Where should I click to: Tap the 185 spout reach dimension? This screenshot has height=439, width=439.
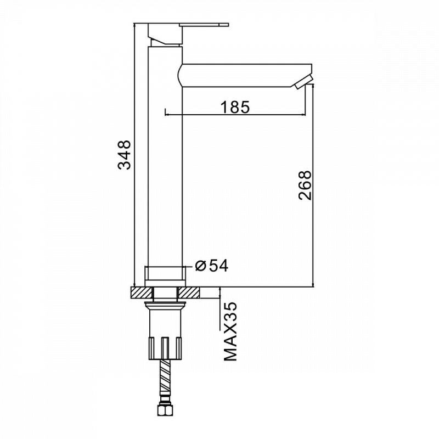click(235, 107)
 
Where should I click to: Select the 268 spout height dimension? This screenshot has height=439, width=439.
click(305, 185)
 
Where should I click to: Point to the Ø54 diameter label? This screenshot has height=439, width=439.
click(212, 266)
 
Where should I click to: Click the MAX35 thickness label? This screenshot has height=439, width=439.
click(230, 331)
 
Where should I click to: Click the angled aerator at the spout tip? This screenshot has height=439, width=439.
click(303, 82)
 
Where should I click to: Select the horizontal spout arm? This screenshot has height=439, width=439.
click(245, 75)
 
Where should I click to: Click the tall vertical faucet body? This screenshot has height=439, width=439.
click(165, 157)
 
